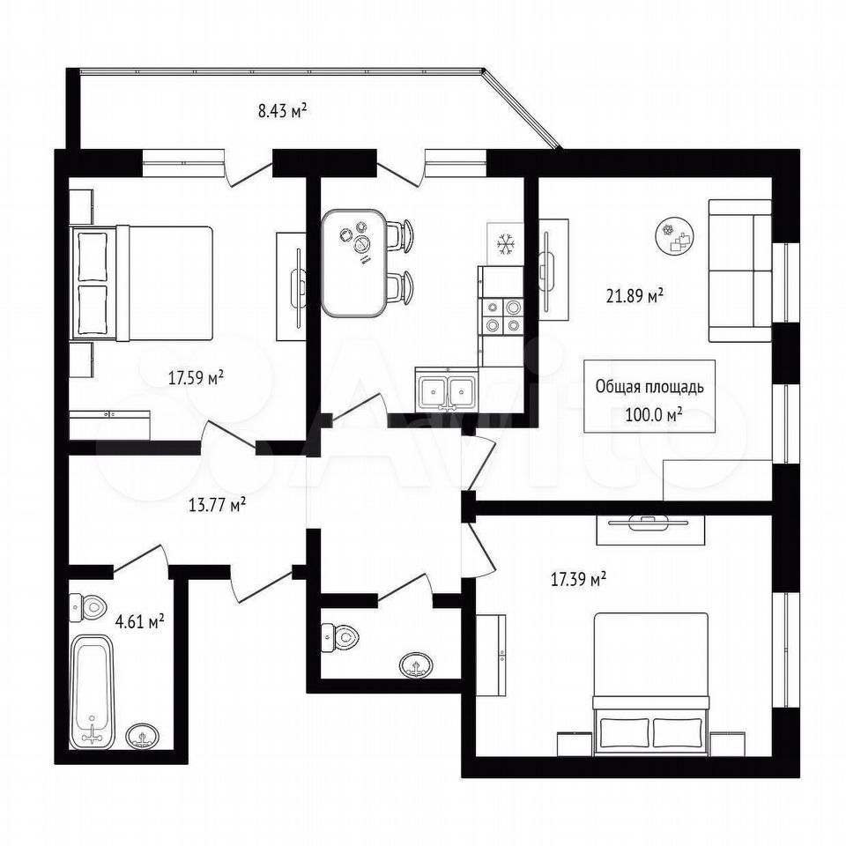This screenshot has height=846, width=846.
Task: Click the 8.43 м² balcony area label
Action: (283, 112)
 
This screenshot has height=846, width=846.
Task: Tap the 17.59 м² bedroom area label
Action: (197, 378)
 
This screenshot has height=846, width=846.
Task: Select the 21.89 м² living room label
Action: (634, 296)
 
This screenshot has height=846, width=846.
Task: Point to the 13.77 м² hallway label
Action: (218, 506)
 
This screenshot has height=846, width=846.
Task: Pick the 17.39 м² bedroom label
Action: (578, 580)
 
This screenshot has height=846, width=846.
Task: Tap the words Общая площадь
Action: (649, 387)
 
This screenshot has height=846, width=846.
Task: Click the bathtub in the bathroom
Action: (93, 692)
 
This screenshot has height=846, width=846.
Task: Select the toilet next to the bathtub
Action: (89, 607)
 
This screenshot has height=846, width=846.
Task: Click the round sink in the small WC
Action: (416, 665)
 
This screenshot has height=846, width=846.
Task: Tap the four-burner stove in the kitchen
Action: (501, 315)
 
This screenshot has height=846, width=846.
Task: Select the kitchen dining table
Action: (354, 263)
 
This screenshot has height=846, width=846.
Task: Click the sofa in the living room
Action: (739, 271)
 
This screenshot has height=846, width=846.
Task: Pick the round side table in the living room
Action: (674, 236)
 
